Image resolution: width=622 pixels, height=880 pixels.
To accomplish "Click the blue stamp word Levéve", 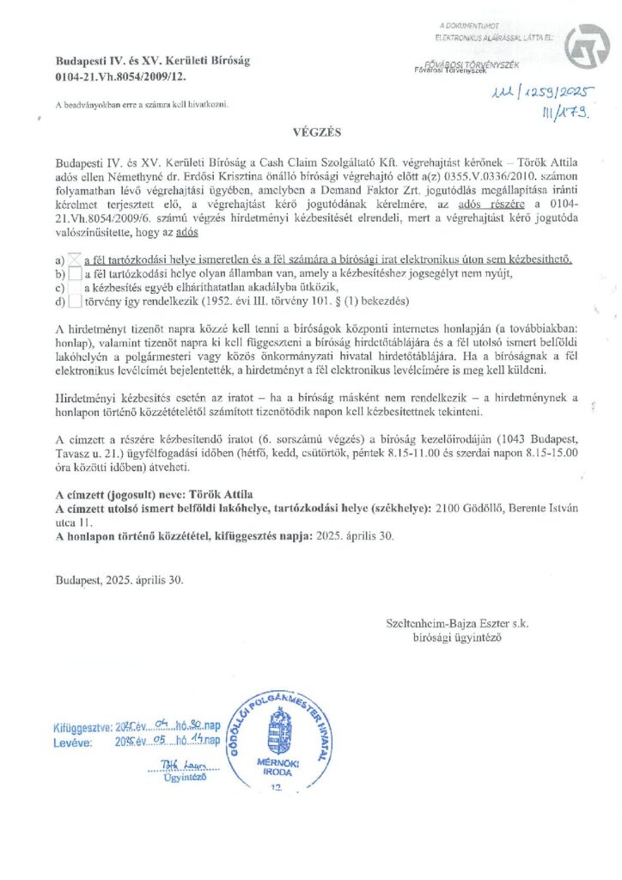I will click(x=71, y=742).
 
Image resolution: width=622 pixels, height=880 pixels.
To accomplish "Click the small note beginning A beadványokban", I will click(x=141, y=105).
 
